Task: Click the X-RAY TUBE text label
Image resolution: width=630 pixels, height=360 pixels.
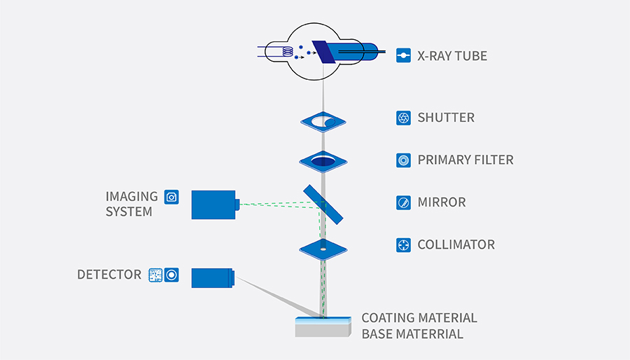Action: pos(451,55)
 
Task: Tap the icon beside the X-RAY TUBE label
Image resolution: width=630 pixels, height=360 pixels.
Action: pos(403,55)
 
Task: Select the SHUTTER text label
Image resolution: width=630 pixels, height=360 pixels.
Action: pos(446,118)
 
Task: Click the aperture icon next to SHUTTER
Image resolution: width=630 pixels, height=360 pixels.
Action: pos(403,118)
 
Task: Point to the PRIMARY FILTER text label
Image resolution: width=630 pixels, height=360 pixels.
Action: pos(465,160)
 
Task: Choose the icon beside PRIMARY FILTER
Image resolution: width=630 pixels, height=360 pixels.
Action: pos(403,160)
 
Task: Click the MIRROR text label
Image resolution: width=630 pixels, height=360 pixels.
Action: pos(441,202)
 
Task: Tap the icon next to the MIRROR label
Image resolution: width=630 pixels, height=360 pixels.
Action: pos(403,202)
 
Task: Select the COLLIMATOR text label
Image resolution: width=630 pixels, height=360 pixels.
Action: pos(456,244)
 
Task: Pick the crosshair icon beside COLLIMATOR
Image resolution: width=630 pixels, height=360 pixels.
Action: pos(403,244)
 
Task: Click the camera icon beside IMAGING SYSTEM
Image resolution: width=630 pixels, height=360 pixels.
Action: pos(171,197)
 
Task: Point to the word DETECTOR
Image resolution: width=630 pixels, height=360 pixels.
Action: pos(109,275)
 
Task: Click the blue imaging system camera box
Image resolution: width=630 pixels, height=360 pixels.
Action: pos(214,205)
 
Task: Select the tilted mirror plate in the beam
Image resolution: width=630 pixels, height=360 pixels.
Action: pos(323,205)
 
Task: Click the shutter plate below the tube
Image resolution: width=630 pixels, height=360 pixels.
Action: pos(323,122)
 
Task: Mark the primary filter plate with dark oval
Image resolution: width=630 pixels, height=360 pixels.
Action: pos(323,162)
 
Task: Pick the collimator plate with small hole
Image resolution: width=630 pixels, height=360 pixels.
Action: pos(323,248)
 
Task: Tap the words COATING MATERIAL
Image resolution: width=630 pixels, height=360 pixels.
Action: pos(419,318)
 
